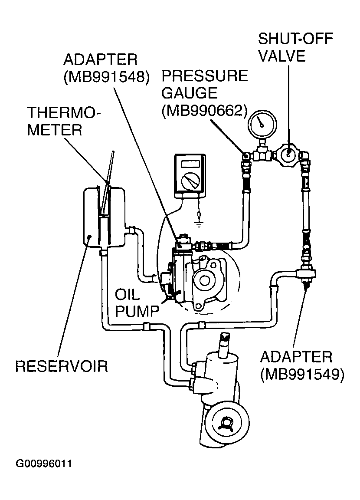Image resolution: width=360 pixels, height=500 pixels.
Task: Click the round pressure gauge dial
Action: coord(262,123)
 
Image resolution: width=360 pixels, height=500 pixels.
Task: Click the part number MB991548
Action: coord(106,77)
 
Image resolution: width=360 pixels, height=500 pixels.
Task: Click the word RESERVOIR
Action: coord(62,366)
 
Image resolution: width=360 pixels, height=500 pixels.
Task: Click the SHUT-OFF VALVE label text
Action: coord(295,47)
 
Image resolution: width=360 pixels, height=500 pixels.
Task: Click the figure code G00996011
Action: coord(44,464)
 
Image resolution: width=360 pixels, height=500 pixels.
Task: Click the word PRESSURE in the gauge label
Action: coord(205,76)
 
